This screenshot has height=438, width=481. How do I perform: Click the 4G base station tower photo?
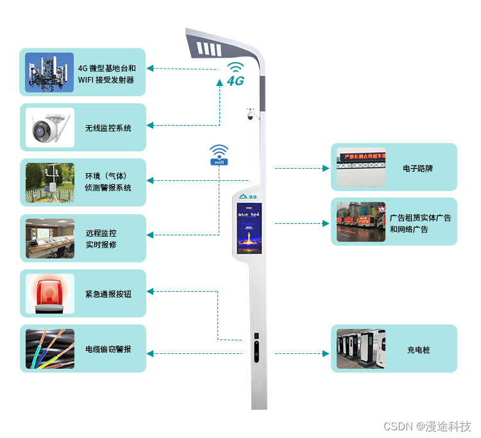[x=49, y=72]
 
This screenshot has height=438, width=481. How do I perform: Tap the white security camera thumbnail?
[x=49, y=128]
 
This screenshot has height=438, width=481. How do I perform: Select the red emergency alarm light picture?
[x=49, y=293]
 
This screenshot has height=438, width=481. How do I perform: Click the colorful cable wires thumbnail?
[x=49, y=348]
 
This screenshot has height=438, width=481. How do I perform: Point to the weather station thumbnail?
[x=49, y=183]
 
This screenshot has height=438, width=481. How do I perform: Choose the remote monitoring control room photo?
[x=49, y=239]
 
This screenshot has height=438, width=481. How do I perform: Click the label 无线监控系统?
[x=108, y=128]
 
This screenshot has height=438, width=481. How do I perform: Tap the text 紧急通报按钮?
[x=108, y=294]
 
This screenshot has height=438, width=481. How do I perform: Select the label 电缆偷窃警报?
[x=108, y=349]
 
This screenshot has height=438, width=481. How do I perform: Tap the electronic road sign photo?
[x=361, y=167]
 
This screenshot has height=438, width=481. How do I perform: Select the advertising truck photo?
[x=361, y=222]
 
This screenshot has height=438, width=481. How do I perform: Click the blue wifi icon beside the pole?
[x=219, y=155]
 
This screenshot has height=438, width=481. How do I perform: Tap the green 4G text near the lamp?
[x=235, y=81]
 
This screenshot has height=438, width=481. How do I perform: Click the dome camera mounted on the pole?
[x=250, y=115]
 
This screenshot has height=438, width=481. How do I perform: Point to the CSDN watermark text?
[x=426, y=426]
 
